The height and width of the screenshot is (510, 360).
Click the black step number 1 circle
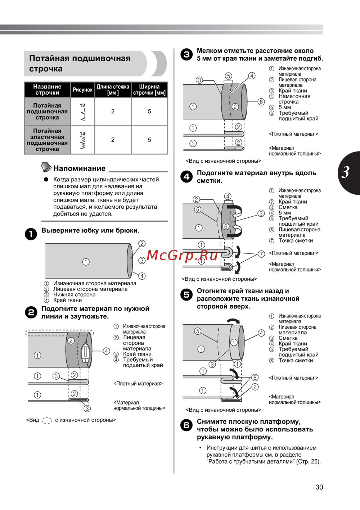(31, 234)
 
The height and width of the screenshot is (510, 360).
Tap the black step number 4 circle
(186, 176)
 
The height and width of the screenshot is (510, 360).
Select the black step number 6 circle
(186, 425)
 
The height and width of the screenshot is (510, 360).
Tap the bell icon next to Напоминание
(46, 167)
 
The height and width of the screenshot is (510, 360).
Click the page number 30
(319, 487)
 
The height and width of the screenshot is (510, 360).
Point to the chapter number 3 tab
(348, 173)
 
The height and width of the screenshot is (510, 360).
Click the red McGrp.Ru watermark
(182, 255)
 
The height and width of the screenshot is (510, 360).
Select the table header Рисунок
(82, 90)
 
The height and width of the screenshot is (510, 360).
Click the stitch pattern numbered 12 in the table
(83, 112)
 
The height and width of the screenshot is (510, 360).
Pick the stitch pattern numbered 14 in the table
(83, 140)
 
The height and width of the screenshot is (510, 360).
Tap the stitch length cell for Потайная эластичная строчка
(113, 140)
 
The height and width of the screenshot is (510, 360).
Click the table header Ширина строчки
(149, 90)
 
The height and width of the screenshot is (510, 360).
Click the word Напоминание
(80, 168)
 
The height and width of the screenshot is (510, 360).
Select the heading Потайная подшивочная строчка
(80, 63)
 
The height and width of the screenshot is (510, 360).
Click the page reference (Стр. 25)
(309, 461)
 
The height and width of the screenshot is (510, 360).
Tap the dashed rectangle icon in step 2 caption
(47, 420)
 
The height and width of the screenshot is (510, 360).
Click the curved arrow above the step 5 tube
(233, 321)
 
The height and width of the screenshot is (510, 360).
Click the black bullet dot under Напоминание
(46, 179)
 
